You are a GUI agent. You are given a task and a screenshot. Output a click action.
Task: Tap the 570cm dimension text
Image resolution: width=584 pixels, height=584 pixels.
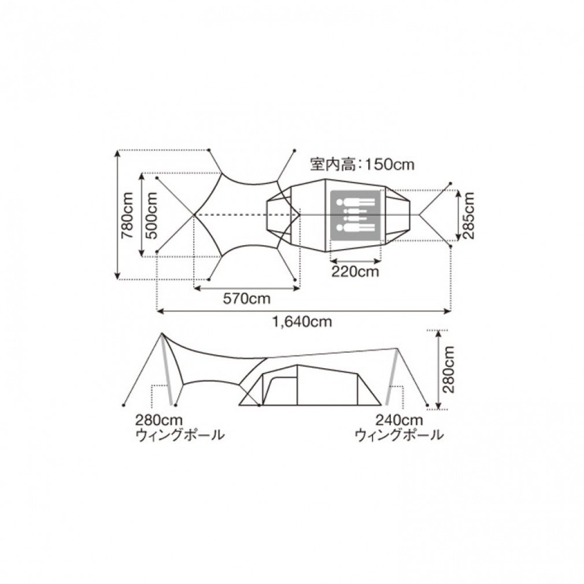246,299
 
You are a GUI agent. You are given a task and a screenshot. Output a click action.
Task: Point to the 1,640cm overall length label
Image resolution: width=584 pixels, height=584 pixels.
302,322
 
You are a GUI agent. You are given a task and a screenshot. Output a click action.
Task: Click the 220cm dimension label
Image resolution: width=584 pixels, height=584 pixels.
355,272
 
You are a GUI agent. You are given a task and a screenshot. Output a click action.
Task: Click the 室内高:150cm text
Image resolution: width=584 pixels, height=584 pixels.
362,165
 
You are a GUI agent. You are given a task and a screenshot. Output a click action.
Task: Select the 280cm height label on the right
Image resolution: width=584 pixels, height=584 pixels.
449,369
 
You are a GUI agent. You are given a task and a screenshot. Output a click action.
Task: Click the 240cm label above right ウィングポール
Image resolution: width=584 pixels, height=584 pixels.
399,420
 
